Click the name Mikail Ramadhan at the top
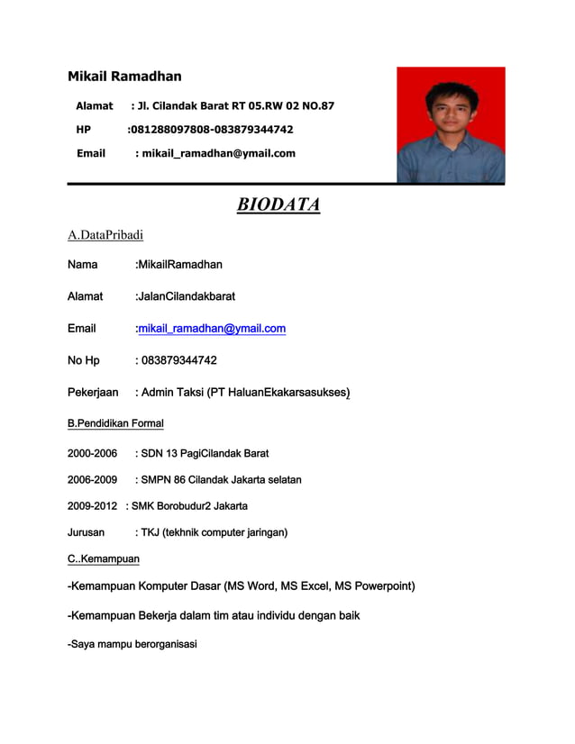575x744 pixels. click(124, 77)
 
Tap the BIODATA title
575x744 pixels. click(278, 205)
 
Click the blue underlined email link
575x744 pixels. click(212, 329)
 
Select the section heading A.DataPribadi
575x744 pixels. click(105, 235)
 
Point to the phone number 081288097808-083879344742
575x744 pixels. click(210, 130)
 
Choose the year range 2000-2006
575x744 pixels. click(92, 453)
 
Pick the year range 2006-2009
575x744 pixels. click(92, 479)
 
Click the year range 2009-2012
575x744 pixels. click(92, 505)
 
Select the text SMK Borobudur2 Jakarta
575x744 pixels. click(190, 505)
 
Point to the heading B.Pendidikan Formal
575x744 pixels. click(115, 422)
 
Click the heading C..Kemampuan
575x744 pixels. click(104, 559)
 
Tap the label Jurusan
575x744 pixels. click(87, 532)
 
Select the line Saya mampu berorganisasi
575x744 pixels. click(133, 644)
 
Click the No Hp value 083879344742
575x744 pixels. click(179, 360)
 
